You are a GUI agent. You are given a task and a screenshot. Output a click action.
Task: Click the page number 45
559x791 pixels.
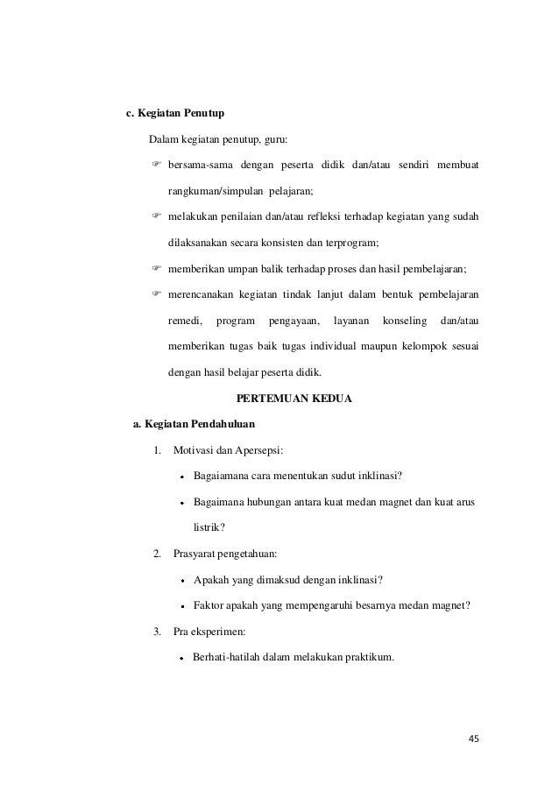474,739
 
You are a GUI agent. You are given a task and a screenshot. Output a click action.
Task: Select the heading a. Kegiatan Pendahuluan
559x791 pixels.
193,425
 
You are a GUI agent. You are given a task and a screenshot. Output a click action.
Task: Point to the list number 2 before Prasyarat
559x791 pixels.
156,554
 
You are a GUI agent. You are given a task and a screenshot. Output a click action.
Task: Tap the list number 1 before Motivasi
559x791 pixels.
156,450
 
